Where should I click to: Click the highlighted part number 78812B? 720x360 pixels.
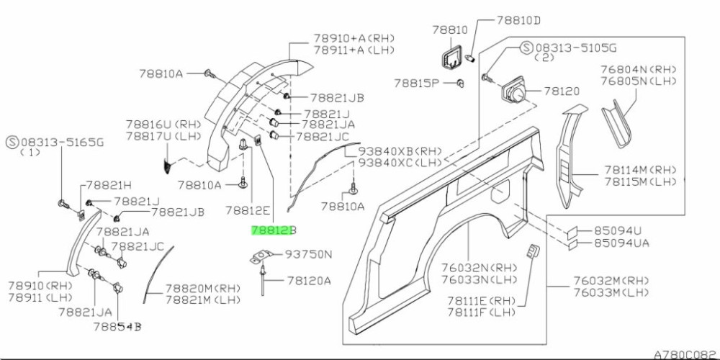tap(273, 231)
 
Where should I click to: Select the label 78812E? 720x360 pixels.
tap(247, 210)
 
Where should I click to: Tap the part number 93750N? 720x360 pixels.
tap(309, 254)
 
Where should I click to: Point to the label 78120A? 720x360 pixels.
tap(309, 281)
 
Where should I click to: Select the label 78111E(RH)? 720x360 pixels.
tap(480, 300)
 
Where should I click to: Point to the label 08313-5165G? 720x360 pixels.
tap(61, 141)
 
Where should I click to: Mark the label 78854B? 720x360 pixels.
tap(117, 327)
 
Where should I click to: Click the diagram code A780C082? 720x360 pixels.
tap(683, 354)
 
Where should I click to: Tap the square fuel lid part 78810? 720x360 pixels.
tap(452, 56)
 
